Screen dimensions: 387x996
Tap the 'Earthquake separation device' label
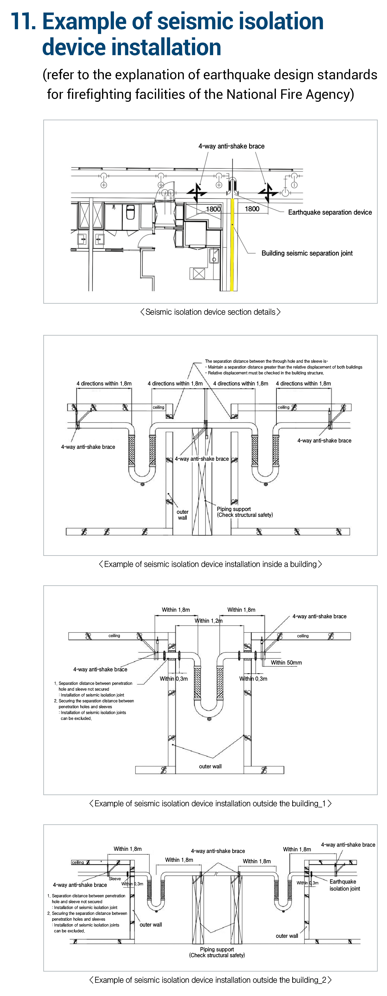click(330, 212)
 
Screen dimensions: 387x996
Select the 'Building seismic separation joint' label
click(307, 253)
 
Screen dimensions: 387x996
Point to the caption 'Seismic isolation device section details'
click(210, 312)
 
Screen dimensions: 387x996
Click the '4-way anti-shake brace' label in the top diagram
click(231, 146)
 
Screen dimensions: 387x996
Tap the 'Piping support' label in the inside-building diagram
click(234, 509)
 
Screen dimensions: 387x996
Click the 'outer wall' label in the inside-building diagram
click(182, 515)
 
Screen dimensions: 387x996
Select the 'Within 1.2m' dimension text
click(208, 621)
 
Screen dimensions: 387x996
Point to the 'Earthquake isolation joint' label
click(344, 885)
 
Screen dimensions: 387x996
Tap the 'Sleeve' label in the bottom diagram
click(115, 878)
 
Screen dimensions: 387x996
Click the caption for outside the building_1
click(210, 803)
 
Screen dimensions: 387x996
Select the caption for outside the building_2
click(210, 980)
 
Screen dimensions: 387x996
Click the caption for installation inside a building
click(210, 564)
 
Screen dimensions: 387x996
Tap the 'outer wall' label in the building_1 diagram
click(210, 766)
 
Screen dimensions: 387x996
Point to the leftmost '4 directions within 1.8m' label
click(104, 384)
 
